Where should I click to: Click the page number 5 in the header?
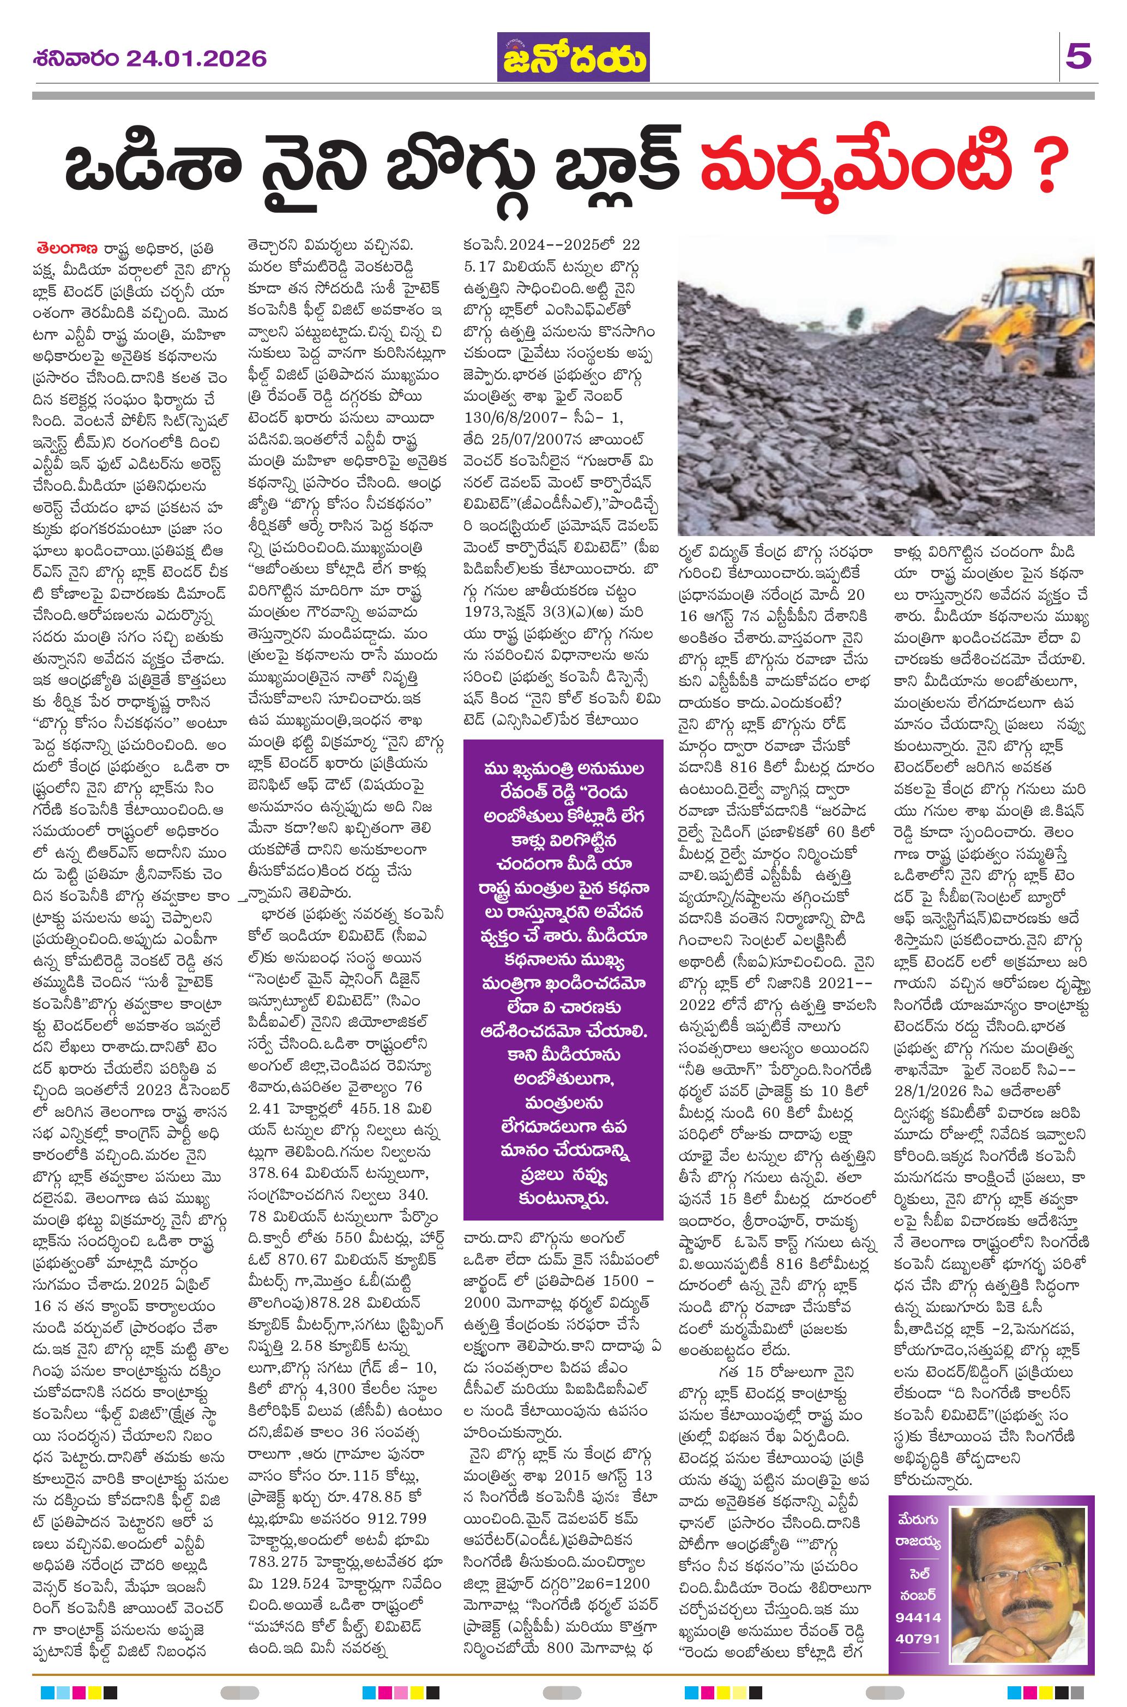coord(1080,56)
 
